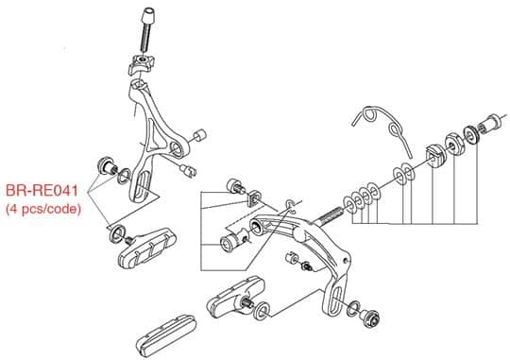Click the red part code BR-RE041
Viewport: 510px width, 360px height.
point(42,191)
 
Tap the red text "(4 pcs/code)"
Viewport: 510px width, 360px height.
point(43,209)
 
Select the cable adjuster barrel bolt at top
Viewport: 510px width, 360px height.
point(147,30)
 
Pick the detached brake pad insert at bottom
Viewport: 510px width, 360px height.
point(165,336)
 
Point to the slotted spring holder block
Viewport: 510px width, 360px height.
point(435,156)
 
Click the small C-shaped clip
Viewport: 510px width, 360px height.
point(290,206)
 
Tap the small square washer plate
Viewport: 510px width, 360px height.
point(254,197)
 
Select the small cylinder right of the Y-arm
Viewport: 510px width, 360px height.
point(200,135)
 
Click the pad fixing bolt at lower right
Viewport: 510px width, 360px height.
point(369,317)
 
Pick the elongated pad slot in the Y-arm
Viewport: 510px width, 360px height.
point(141,185)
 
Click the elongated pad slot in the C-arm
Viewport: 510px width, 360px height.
point(334,299)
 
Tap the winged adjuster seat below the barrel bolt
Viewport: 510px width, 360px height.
point(141,64)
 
